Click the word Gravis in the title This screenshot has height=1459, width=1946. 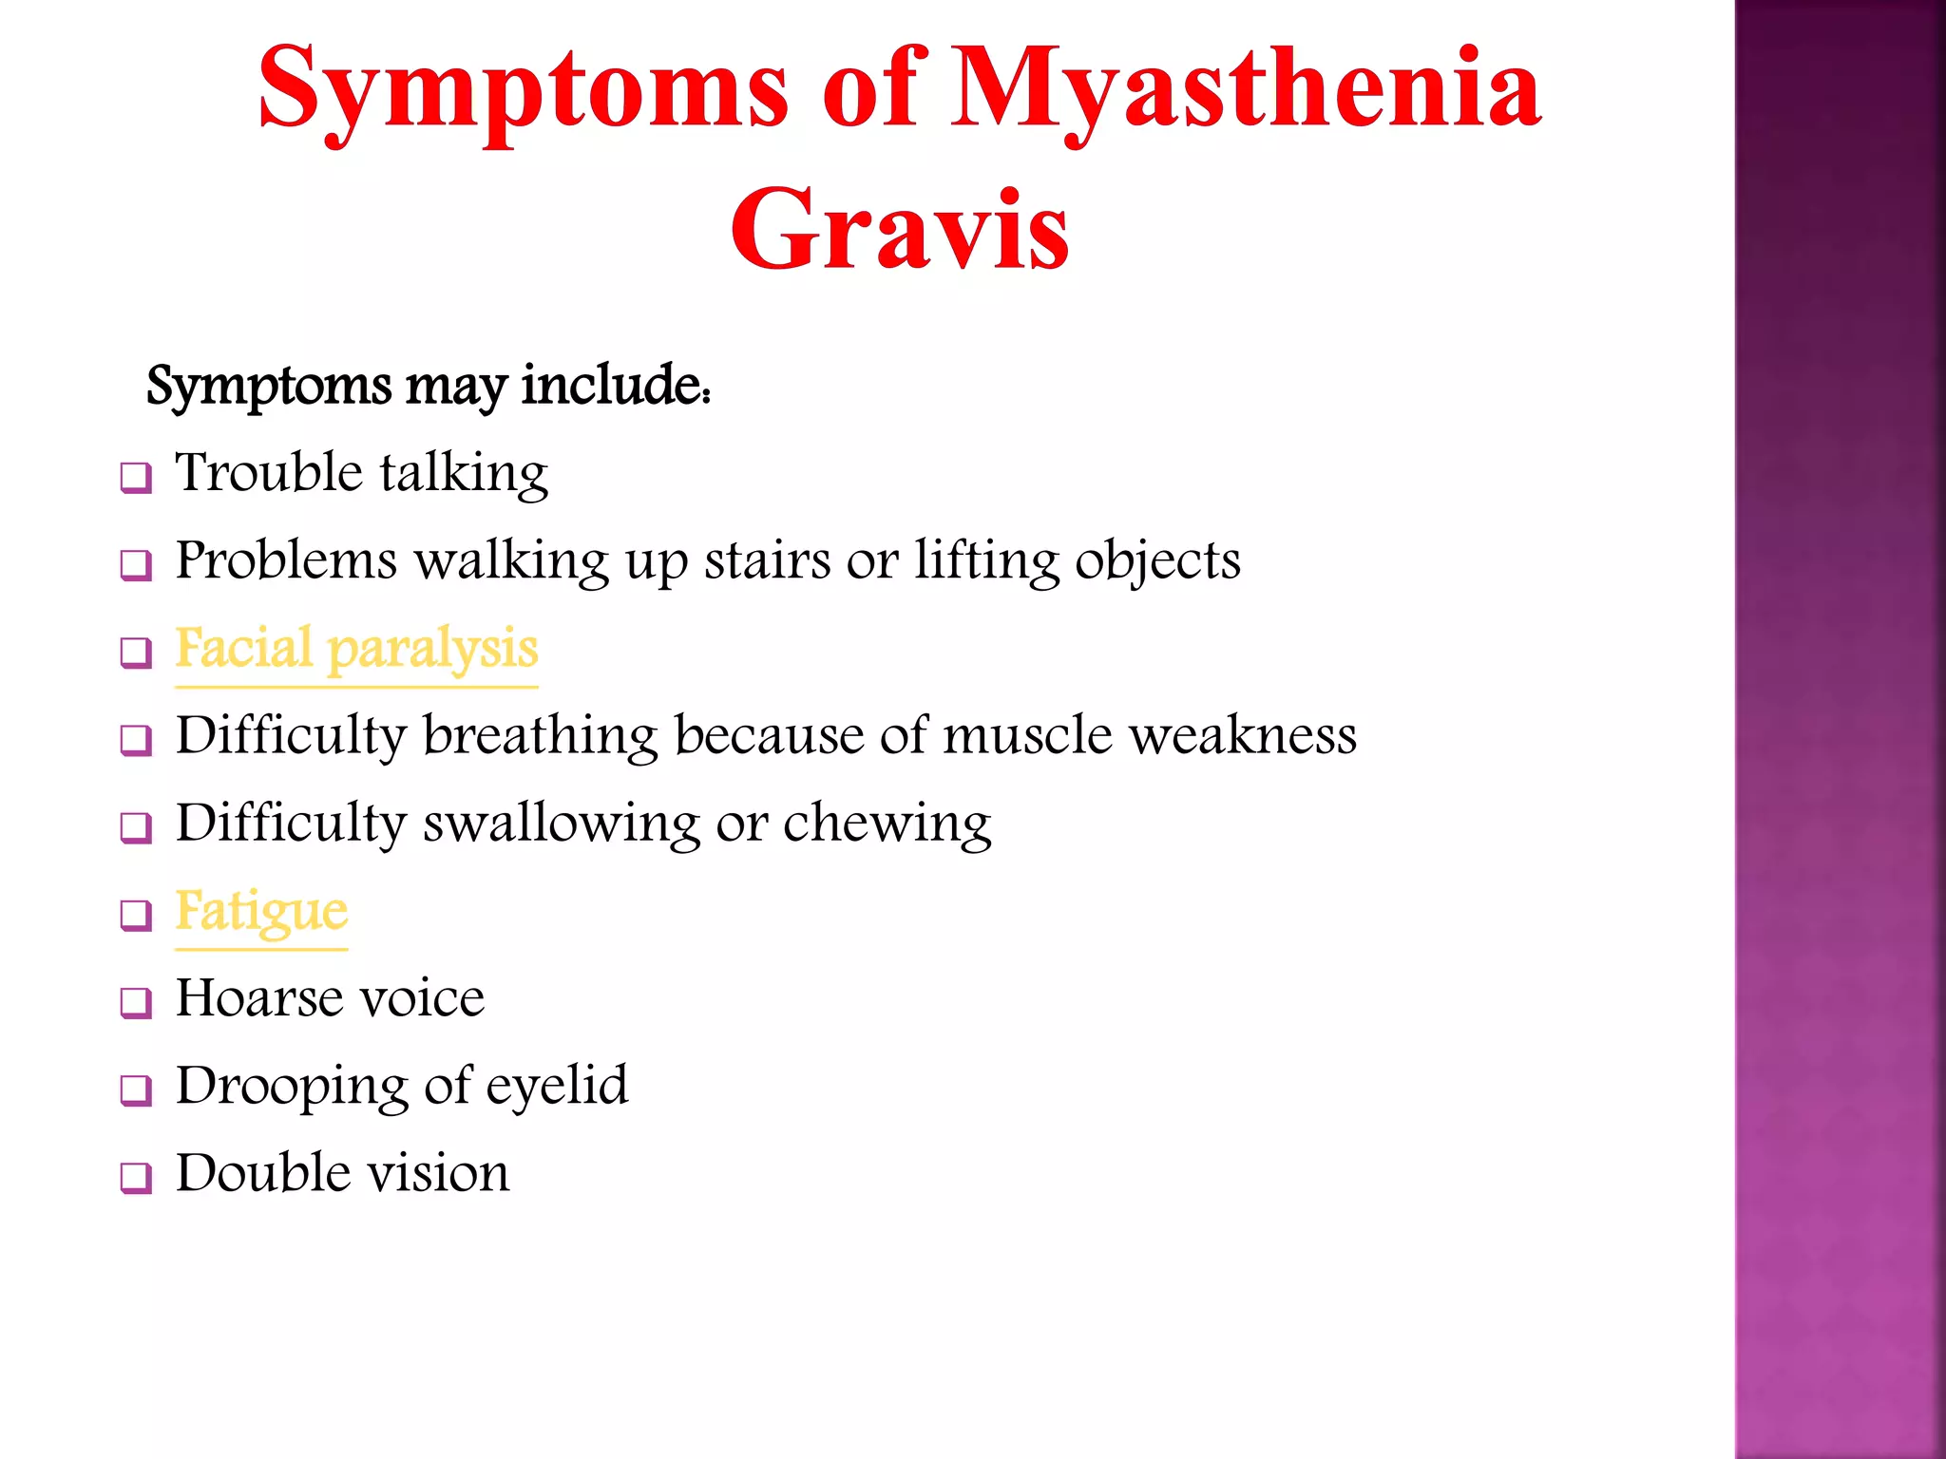click(x=900, y=231)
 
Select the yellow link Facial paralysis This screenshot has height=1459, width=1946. click(x=356, y=650)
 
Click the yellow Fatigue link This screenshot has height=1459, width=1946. click(x=261, y=912)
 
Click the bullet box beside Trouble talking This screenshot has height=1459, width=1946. click(x=136, y=476)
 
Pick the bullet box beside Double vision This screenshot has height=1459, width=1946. click(x=136, y=1177)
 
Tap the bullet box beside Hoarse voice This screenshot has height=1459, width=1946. click(x=136, y=1002)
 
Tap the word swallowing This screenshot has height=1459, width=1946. click(x=562, y=824)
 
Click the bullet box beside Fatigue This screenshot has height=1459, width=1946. click(x=136, y=915)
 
